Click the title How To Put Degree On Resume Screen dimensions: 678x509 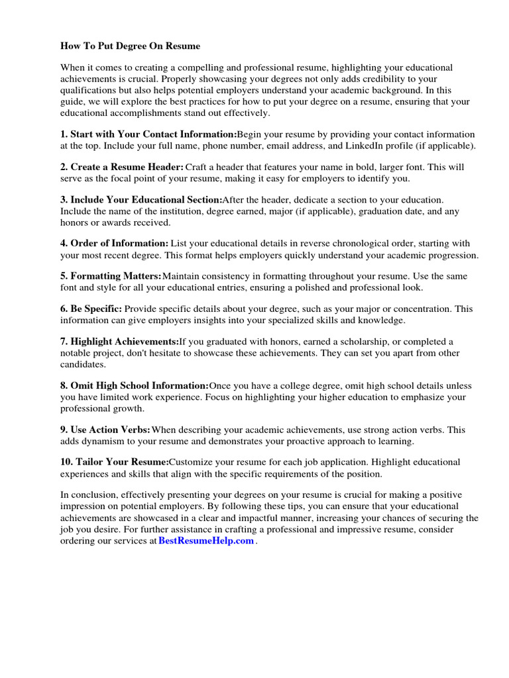(130, 46)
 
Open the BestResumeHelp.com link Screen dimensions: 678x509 (206, 541)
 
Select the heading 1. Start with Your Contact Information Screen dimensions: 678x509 (148, 134)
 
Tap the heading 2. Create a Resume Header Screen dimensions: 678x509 (122, 167)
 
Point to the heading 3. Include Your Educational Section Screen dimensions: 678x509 (141, 199)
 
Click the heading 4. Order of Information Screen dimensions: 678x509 (114, 244)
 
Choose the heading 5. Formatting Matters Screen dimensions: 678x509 (111, 275)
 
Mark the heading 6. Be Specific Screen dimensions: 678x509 (91, 309)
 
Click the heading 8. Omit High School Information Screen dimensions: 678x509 (135, 385)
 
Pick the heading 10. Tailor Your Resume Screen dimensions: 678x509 (115, 461)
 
